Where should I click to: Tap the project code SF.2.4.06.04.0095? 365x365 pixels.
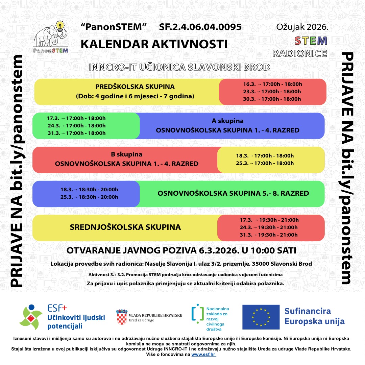200,27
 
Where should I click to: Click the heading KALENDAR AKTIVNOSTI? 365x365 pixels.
154,44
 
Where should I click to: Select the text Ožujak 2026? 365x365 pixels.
302,27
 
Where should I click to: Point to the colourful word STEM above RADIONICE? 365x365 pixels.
311,41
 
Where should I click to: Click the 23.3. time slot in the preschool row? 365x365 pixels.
272,92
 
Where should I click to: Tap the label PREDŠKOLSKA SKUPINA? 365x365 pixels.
135,87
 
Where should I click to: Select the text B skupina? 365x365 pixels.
127,154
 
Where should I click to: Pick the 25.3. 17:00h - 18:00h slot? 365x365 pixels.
265,163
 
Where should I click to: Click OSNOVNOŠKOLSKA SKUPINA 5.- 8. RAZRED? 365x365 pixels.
233,194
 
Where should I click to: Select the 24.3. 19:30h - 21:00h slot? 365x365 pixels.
269,227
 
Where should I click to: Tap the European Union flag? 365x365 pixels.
261,317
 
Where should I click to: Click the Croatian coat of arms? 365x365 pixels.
121,317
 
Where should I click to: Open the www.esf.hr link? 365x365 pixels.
203,355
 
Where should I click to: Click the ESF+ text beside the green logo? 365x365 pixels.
57,308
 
